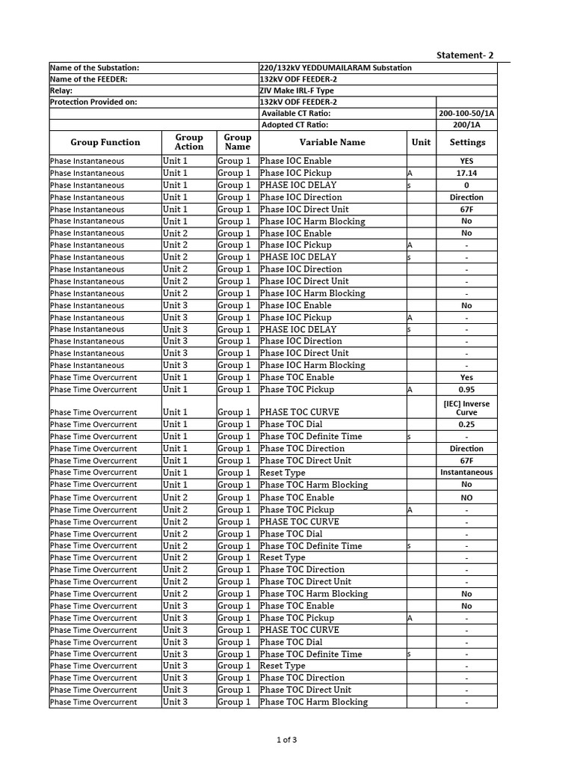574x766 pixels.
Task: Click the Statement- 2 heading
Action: click(x=465, y=55)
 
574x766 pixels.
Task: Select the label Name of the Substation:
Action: click(x=94, y=68)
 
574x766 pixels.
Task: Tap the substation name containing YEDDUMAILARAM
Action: click(x=335, y=68)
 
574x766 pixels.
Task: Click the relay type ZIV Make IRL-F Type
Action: click(x=297, y=91)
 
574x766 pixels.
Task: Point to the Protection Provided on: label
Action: click(x=93, y=102)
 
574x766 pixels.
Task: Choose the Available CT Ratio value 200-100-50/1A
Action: click(x=466, y=113)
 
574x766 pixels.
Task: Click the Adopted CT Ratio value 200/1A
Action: click(x=466, y=125)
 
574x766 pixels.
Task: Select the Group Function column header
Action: click(x=105, y=142)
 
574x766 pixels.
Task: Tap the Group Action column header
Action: click(x=189, y=142)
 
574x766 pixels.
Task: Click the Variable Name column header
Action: click(x=333, y=142)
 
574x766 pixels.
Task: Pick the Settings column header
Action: click(x=467, y=142)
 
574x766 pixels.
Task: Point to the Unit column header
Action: click(x=421, y=142)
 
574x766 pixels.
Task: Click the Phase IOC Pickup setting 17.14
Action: click(x=466, y=173)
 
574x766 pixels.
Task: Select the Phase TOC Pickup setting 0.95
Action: click(x=466, y=390)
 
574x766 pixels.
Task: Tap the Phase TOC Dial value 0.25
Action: click(x=466, y=425)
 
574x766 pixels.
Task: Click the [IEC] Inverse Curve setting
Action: click(x=466, y=408)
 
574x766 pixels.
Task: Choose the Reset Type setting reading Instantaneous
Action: click(x=466, y=473)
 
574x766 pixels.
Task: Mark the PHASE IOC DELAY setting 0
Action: click(x=466, y=185)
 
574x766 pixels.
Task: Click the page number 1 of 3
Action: click(x=286, y=741)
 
